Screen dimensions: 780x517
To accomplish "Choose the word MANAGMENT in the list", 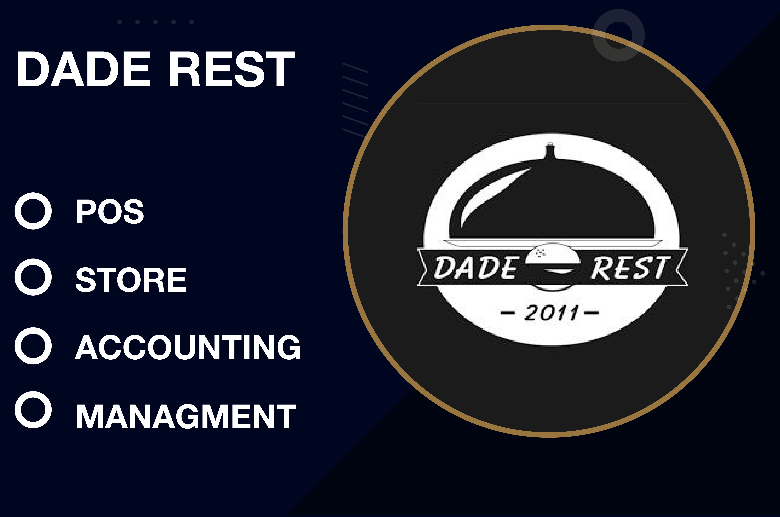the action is tap(186, 416).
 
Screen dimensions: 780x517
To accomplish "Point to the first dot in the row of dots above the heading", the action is tap(120, 22).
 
